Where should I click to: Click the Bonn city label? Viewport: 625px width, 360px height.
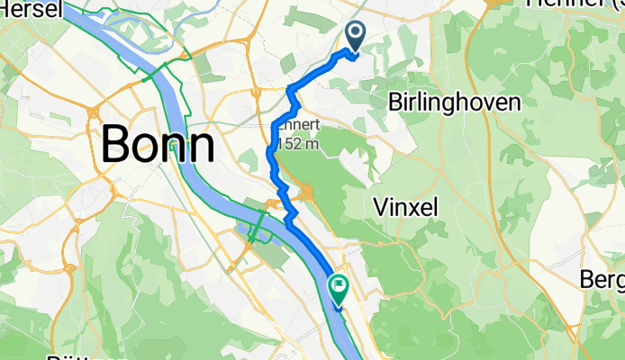(159, 144)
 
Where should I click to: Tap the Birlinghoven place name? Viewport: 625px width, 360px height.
(454, 103)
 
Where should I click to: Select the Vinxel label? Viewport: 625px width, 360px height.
(404, 207)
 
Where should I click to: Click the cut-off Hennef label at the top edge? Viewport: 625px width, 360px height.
(557, 4)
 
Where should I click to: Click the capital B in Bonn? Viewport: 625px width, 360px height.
(117, 144)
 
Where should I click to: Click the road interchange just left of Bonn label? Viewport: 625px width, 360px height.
(93, 112)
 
